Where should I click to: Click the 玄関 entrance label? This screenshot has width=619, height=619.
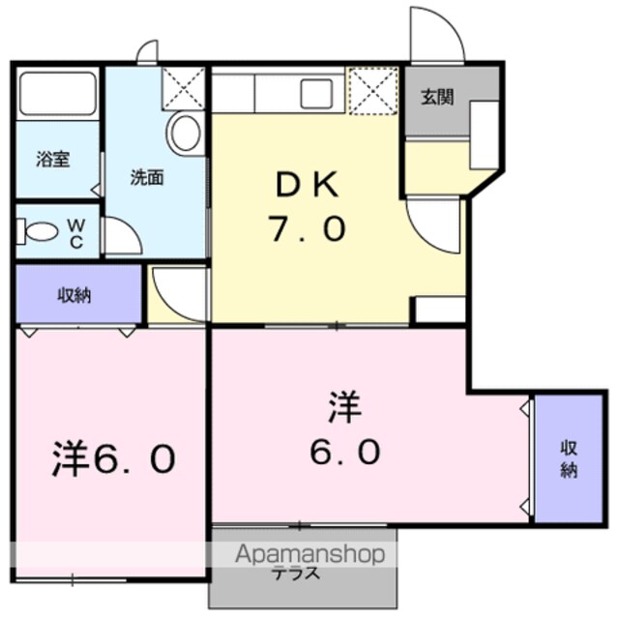[x=437, y=97]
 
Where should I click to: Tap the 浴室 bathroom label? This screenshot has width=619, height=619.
[x=53, y=159]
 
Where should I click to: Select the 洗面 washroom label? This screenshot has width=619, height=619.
[x=147, y=178]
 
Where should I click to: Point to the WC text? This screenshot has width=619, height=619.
[x=76, y=234]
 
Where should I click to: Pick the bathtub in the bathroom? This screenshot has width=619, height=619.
[x=58, y=94]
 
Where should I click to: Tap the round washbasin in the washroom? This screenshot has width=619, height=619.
[x=185, y=132]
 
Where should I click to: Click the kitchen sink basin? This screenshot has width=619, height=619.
[x=316, y=94]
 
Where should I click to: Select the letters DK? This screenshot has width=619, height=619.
[x=308, y=184]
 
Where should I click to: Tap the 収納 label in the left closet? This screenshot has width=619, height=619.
[x=74, y=295]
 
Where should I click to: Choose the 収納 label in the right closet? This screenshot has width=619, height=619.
[x=569, y=459]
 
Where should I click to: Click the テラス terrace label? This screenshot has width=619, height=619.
[x=297, y=573]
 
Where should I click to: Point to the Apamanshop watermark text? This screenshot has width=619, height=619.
[x=309, y=554]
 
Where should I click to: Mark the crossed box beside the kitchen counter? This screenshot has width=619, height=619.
[x=373, y=91]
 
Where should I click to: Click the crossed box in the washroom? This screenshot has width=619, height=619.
[x=184, y=88]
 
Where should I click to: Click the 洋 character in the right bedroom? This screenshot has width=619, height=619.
[x=345, y=406]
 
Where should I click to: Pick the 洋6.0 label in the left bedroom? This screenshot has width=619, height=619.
[x=113, y=457]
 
